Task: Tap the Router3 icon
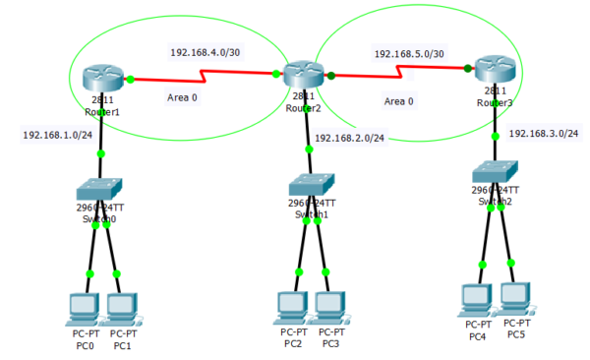click(494, 69)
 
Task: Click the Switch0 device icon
click(99, 188)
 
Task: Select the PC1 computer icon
click(121, 308)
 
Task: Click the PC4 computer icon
click(477, 298)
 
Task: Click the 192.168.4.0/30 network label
click(206, 52)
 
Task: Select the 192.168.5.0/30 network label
click(409, 54)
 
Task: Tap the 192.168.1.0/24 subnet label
click(58, 135)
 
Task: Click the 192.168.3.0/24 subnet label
click(544, 133)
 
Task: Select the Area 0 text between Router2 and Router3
click(398, 101)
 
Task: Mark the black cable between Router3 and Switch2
click(496, 120)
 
